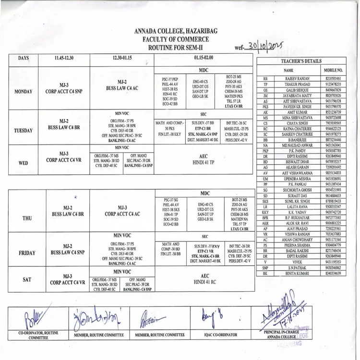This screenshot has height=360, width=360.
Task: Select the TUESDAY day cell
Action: point(24,130)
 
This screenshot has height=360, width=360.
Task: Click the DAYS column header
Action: point(24,59)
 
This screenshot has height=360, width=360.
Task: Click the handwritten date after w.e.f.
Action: point(264,46)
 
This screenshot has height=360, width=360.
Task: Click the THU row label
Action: point(27,217)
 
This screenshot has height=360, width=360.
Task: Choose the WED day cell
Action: point(24,163)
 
